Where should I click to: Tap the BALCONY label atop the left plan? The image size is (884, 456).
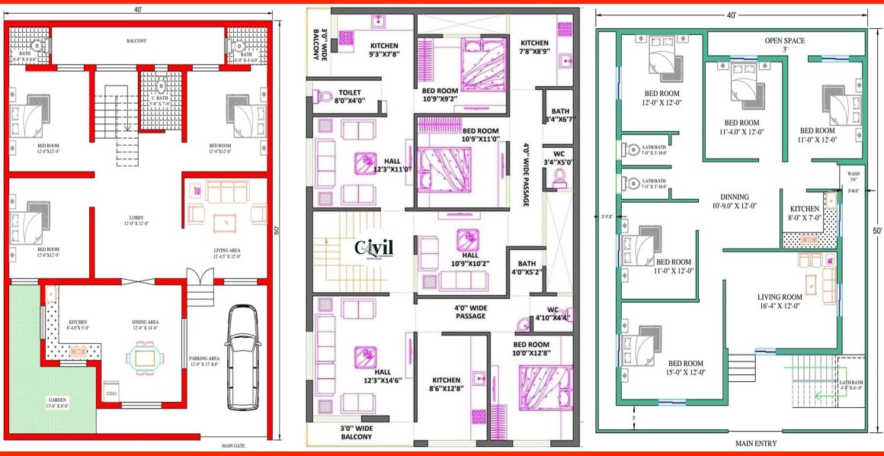137,40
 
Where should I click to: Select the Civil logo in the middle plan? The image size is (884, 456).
374,249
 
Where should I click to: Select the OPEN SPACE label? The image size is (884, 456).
784,41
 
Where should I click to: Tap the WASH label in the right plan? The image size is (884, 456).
854,174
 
